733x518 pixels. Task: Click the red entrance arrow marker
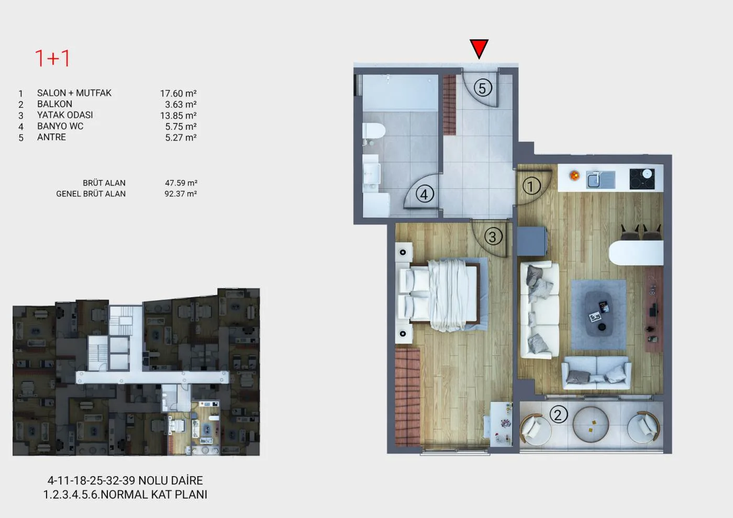pos(479,48)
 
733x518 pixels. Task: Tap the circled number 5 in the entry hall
pos(482,88)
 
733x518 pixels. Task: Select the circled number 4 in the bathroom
pos(425,194)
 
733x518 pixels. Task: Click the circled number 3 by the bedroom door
pos(493,237)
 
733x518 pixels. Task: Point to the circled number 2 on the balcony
pos(558,414)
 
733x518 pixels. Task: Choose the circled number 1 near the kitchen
pos(531,186)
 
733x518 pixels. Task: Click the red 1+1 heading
pos(52,59)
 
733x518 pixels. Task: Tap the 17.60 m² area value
pos(179,94)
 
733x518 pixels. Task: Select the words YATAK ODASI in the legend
pos(65,115)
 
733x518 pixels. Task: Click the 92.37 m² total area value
pos(181,194)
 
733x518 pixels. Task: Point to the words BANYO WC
pos(60,126)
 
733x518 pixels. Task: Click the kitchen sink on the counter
pos(601,180)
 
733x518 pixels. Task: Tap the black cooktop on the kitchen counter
pos(642,179)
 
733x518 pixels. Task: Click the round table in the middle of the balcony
pos(591,424)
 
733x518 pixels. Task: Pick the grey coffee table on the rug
pos(598,313)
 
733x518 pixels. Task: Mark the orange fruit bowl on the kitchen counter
pos(574,176)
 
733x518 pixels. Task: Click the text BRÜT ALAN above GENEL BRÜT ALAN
pos(104,183)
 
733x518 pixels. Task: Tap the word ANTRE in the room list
pos(51,137)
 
